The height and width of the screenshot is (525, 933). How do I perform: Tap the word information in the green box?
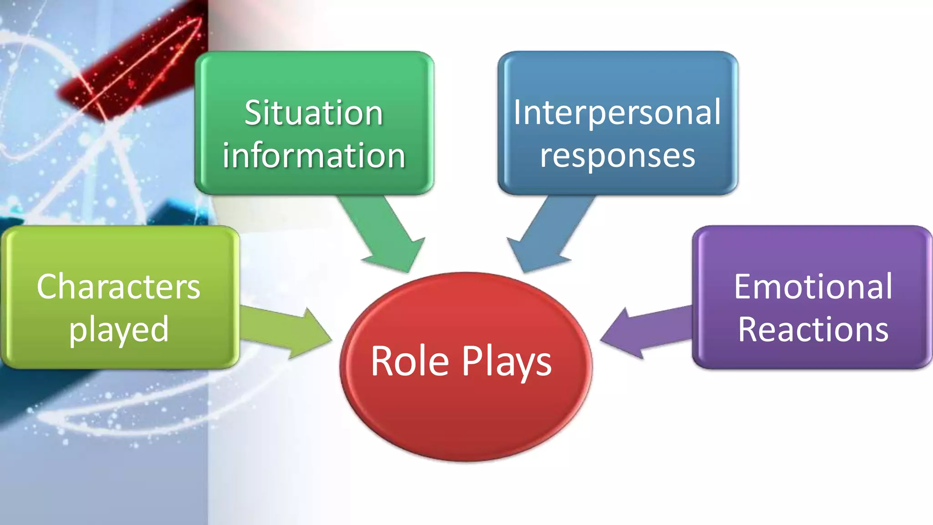point(313,156)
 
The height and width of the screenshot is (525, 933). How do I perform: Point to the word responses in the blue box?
point(617,156)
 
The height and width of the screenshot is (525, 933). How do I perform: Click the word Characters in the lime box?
point(118,287)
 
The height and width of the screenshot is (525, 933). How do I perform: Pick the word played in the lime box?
point(118,329)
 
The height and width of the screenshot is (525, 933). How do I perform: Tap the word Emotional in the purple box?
point(813,287)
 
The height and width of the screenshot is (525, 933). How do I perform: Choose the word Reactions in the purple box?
point(813,329)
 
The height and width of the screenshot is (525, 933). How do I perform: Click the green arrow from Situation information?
point(385,232)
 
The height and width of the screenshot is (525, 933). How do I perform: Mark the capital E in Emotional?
point(743,287)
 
